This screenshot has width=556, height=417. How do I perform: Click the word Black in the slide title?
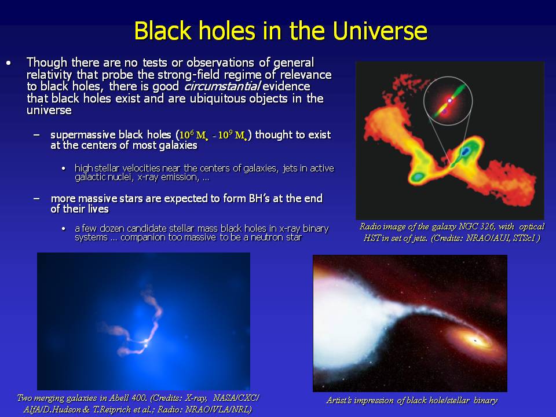pos(163,31)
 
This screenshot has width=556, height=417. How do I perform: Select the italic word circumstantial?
pos(222,86)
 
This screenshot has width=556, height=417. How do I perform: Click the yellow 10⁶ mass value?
pos(192,135)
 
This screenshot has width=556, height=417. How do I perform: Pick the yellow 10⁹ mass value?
pos(232,135)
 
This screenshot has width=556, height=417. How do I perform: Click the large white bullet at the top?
pos(9,63)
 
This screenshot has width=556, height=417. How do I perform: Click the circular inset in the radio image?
pos(448,76)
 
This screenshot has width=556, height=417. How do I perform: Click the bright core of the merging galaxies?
pos(145,342)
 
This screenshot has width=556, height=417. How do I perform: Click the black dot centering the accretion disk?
pos(475,341)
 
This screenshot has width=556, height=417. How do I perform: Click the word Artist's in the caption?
pos(339,400)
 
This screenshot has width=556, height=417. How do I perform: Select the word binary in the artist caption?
pos(485,400)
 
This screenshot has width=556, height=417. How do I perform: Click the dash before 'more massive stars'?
pos(36,198)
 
